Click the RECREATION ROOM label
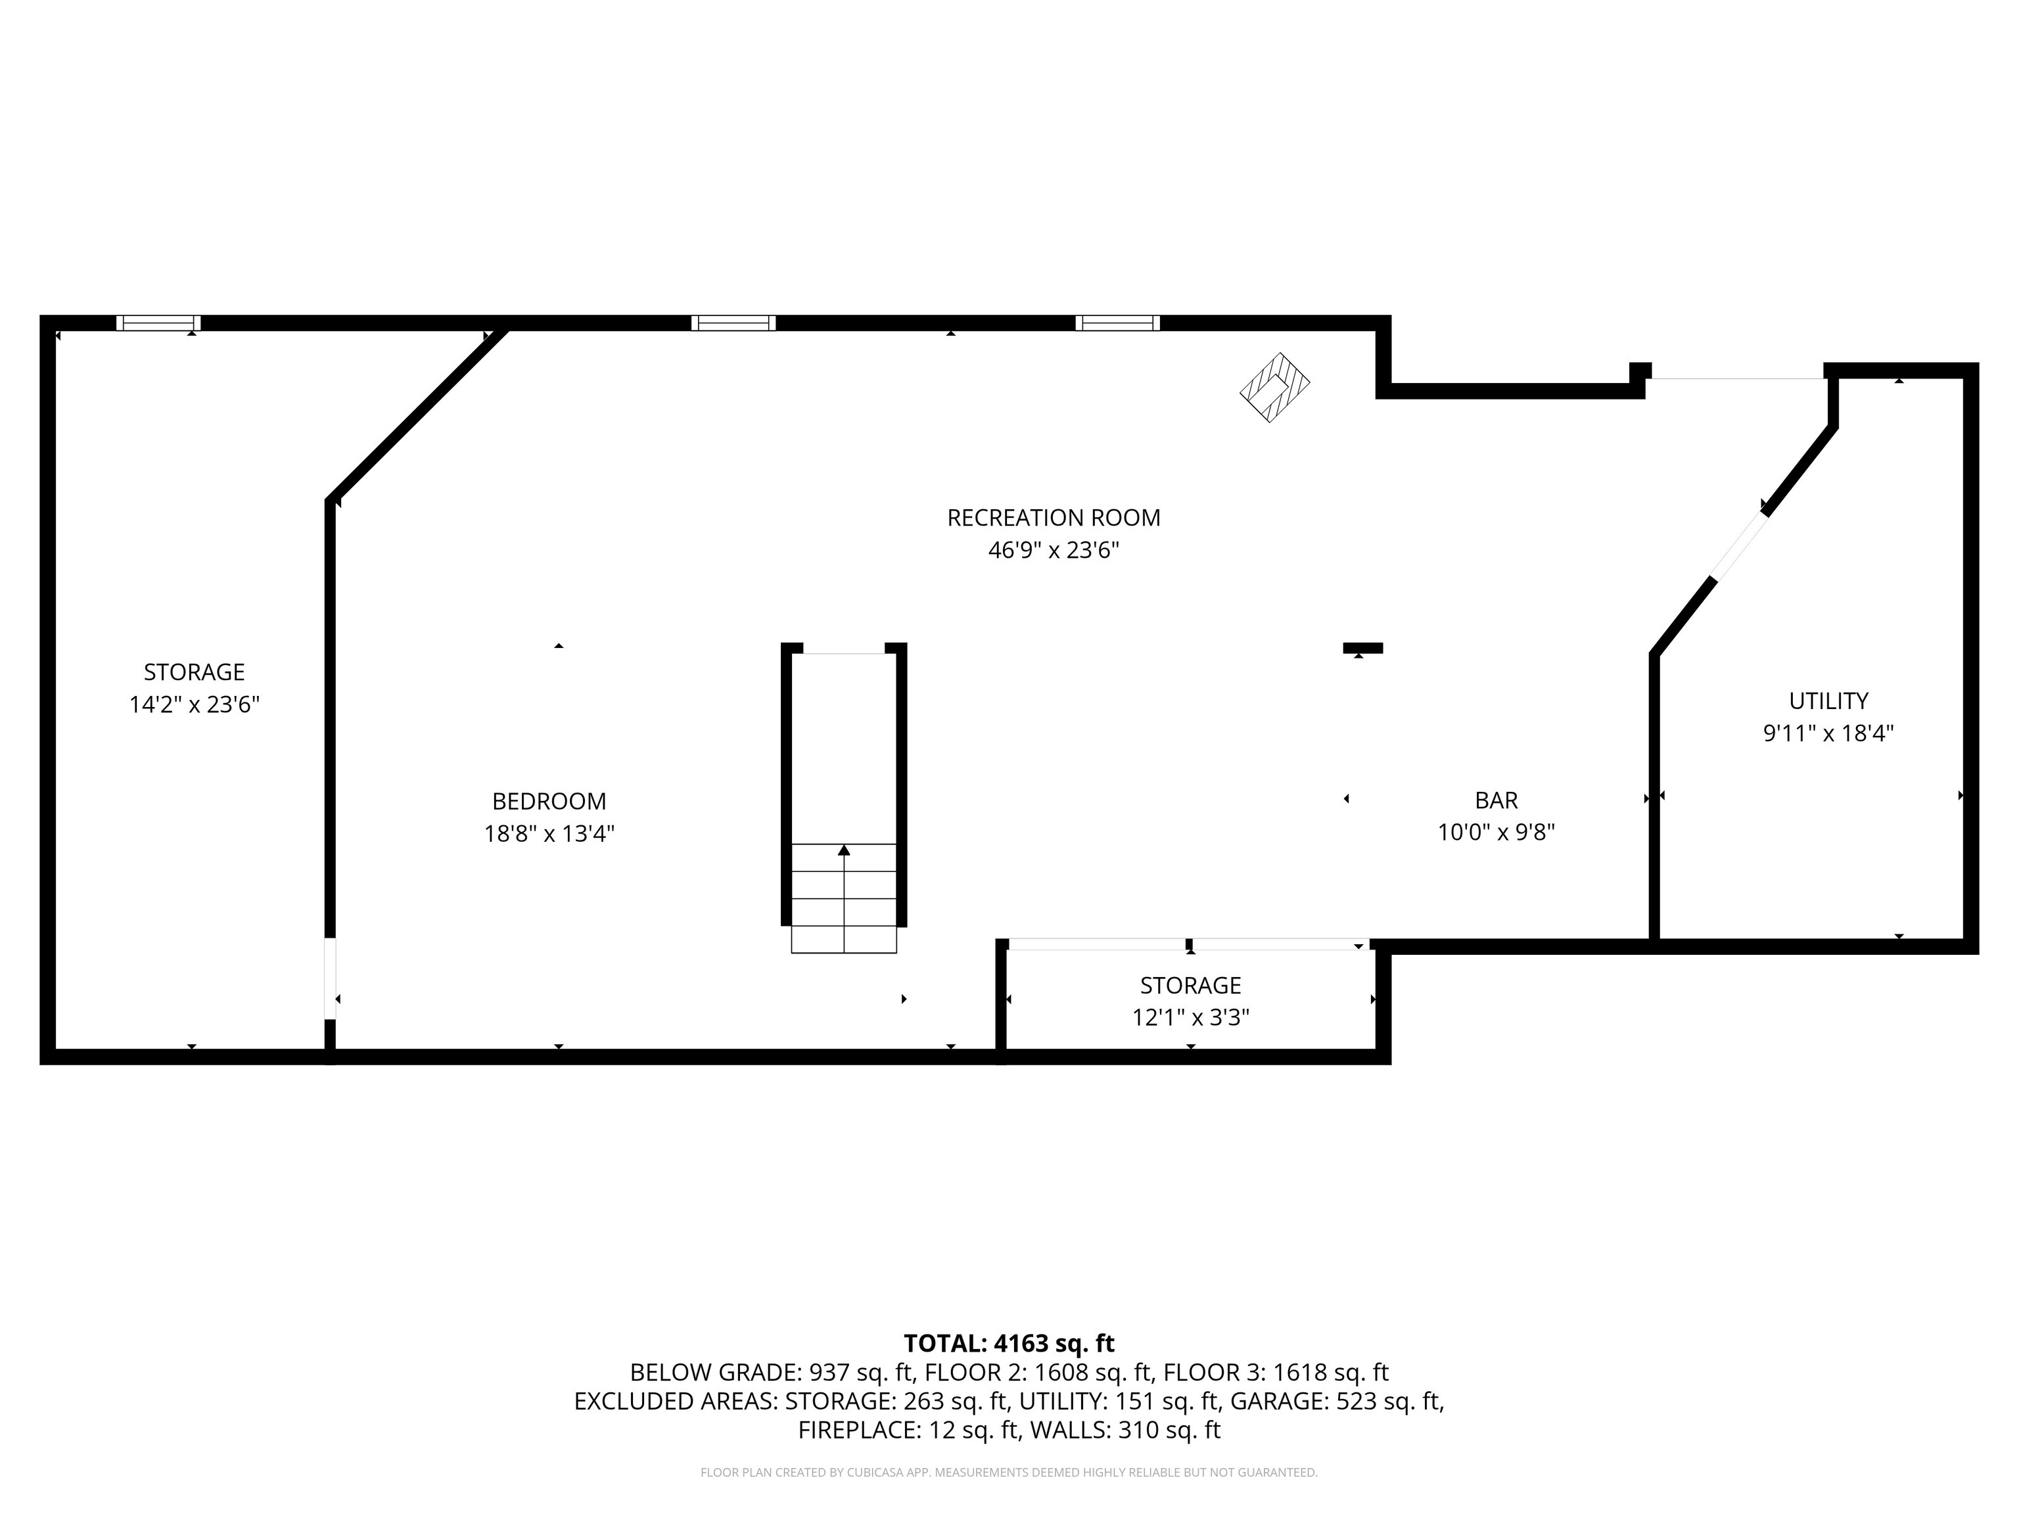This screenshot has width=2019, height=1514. click(x=1054, y=517)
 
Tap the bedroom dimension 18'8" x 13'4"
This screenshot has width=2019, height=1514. click(x=549, y=833)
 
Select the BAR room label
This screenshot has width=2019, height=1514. click(x=1496, y=800)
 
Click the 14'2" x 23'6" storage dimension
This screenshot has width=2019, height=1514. click(x=195, y=704)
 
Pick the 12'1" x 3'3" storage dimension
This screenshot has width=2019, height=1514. click(x=1190, y=1017)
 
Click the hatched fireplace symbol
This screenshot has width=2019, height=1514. click(x=1274, y=387)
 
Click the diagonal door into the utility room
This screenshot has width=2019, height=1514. click(x=1739, y=545)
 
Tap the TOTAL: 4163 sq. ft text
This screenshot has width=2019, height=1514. click(x=1009, y=1343)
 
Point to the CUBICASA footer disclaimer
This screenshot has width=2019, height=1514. click(x=1009, y=1472)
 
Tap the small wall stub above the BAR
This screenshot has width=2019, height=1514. click(x=1362, y=648)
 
